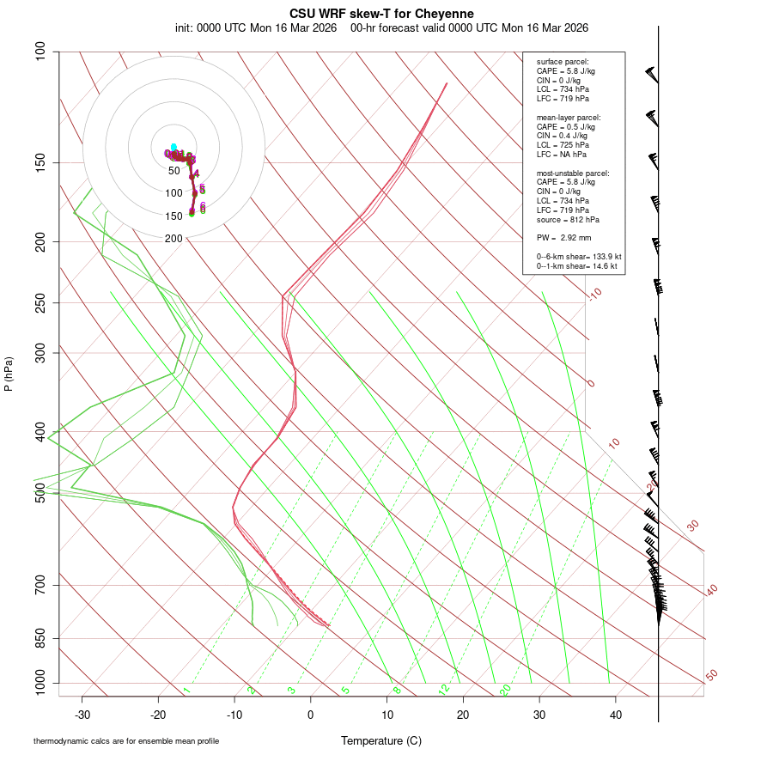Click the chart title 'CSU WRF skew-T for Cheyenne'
pos(381,14)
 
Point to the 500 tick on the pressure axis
pos(40,493)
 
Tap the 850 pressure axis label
pos(40,638)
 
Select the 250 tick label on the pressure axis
pos(40,302)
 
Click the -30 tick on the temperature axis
pos(82,715)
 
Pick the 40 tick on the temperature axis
pos(615,715)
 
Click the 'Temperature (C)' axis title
pos(380,740)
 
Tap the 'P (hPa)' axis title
pos(9,374)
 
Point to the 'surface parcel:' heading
pos(563,62)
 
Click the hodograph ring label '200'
pos(173,239)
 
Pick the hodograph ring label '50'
pos(174,171)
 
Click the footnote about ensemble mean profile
pos(126,740)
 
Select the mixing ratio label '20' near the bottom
pos(505,689)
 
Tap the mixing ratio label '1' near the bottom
pos(186,690)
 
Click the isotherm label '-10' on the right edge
pos(594,294)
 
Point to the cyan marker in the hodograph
pos(173,147)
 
